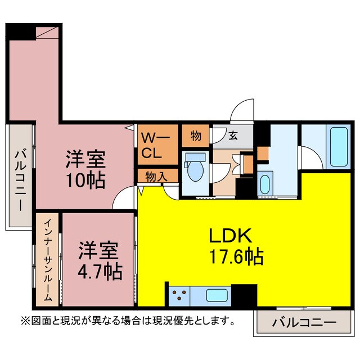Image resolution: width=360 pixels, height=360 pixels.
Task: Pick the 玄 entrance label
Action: click(232, 135)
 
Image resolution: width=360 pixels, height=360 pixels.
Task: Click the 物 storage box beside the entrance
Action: click(196, 135)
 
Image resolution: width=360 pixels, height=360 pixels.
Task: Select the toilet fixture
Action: click(195, 169)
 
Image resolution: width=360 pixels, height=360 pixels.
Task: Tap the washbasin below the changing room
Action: click(265, 185)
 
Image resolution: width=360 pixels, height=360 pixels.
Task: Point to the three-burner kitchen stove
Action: click(180, 295)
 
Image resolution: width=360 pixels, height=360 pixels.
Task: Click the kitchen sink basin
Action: click(217, 295)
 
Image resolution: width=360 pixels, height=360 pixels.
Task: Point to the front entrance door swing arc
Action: click(244, 109)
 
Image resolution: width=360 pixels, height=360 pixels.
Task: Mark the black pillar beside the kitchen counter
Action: click(244, 295)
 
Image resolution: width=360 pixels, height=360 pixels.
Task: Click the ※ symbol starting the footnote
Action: click(25, 322)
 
